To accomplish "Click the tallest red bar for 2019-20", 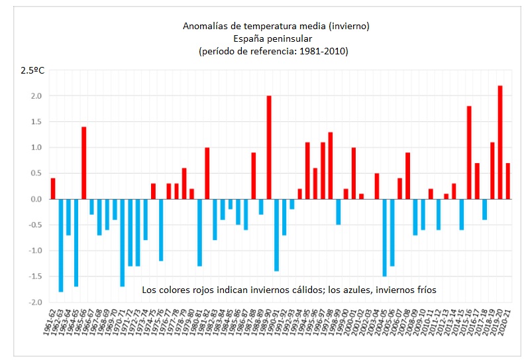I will [500, 142].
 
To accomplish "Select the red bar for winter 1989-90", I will [269, 147].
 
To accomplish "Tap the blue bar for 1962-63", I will [61, 245].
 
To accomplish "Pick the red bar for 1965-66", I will [84, 162].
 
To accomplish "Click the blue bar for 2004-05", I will [384, 237].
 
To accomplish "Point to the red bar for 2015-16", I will [469, 152].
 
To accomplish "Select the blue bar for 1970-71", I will [123, 243].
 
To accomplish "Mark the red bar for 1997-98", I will [331, 165].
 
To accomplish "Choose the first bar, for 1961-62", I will [53, 188].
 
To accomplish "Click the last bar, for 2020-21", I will [508, 181].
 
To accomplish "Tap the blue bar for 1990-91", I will [277, 235].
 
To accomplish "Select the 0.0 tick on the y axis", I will [36, 199].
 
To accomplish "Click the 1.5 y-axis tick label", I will [36, 121].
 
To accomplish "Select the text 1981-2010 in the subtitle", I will [325, 51].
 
